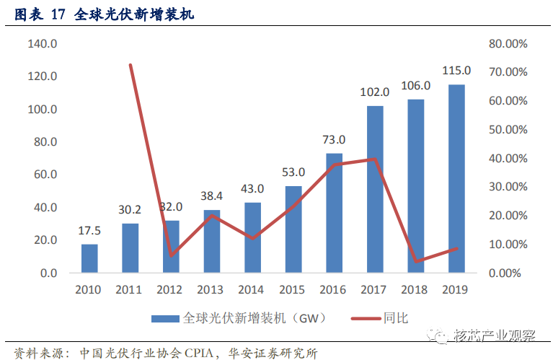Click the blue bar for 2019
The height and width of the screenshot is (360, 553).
[456, 179]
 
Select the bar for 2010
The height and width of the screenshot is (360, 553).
[89, 258]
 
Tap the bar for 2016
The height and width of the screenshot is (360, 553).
[334, 213]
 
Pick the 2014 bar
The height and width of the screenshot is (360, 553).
[252, 237]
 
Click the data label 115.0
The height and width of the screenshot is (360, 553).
[456, 71]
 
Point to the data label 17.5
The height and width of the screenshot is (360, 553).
[89, 231]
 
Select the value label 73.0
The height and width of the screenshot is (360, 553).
[334, 140]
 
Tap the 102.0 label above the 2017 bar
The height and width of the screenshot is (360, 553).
[374, 92]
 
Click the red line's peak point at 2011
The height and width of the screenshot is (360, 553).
[130, 65]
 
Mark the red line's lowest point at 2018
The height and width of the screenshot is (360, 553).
[416, 262]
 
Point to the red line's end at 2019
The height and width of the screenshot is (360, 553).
[457, 249]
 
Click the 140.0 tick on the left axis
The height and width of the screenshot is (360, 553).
[43, 44]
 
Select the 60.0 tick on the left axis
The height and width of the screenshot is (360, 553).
[45, 175]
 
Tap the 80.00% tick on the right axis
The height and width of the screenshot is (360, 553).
[508, 44]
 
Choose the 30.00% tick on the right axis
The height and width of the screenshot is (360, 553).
[508, 187]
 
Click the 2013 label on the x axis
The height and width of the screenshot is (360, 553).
[211, 290]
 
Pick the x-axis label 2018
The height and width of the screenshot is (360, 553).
[414, 290]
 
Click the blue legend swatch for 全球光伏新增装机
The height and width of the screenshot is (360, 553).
[165, 319]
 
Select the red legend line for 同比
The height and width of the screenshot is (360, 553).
[366, 319]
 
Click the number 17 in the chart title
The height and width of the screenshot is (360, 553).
[58, 14]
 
